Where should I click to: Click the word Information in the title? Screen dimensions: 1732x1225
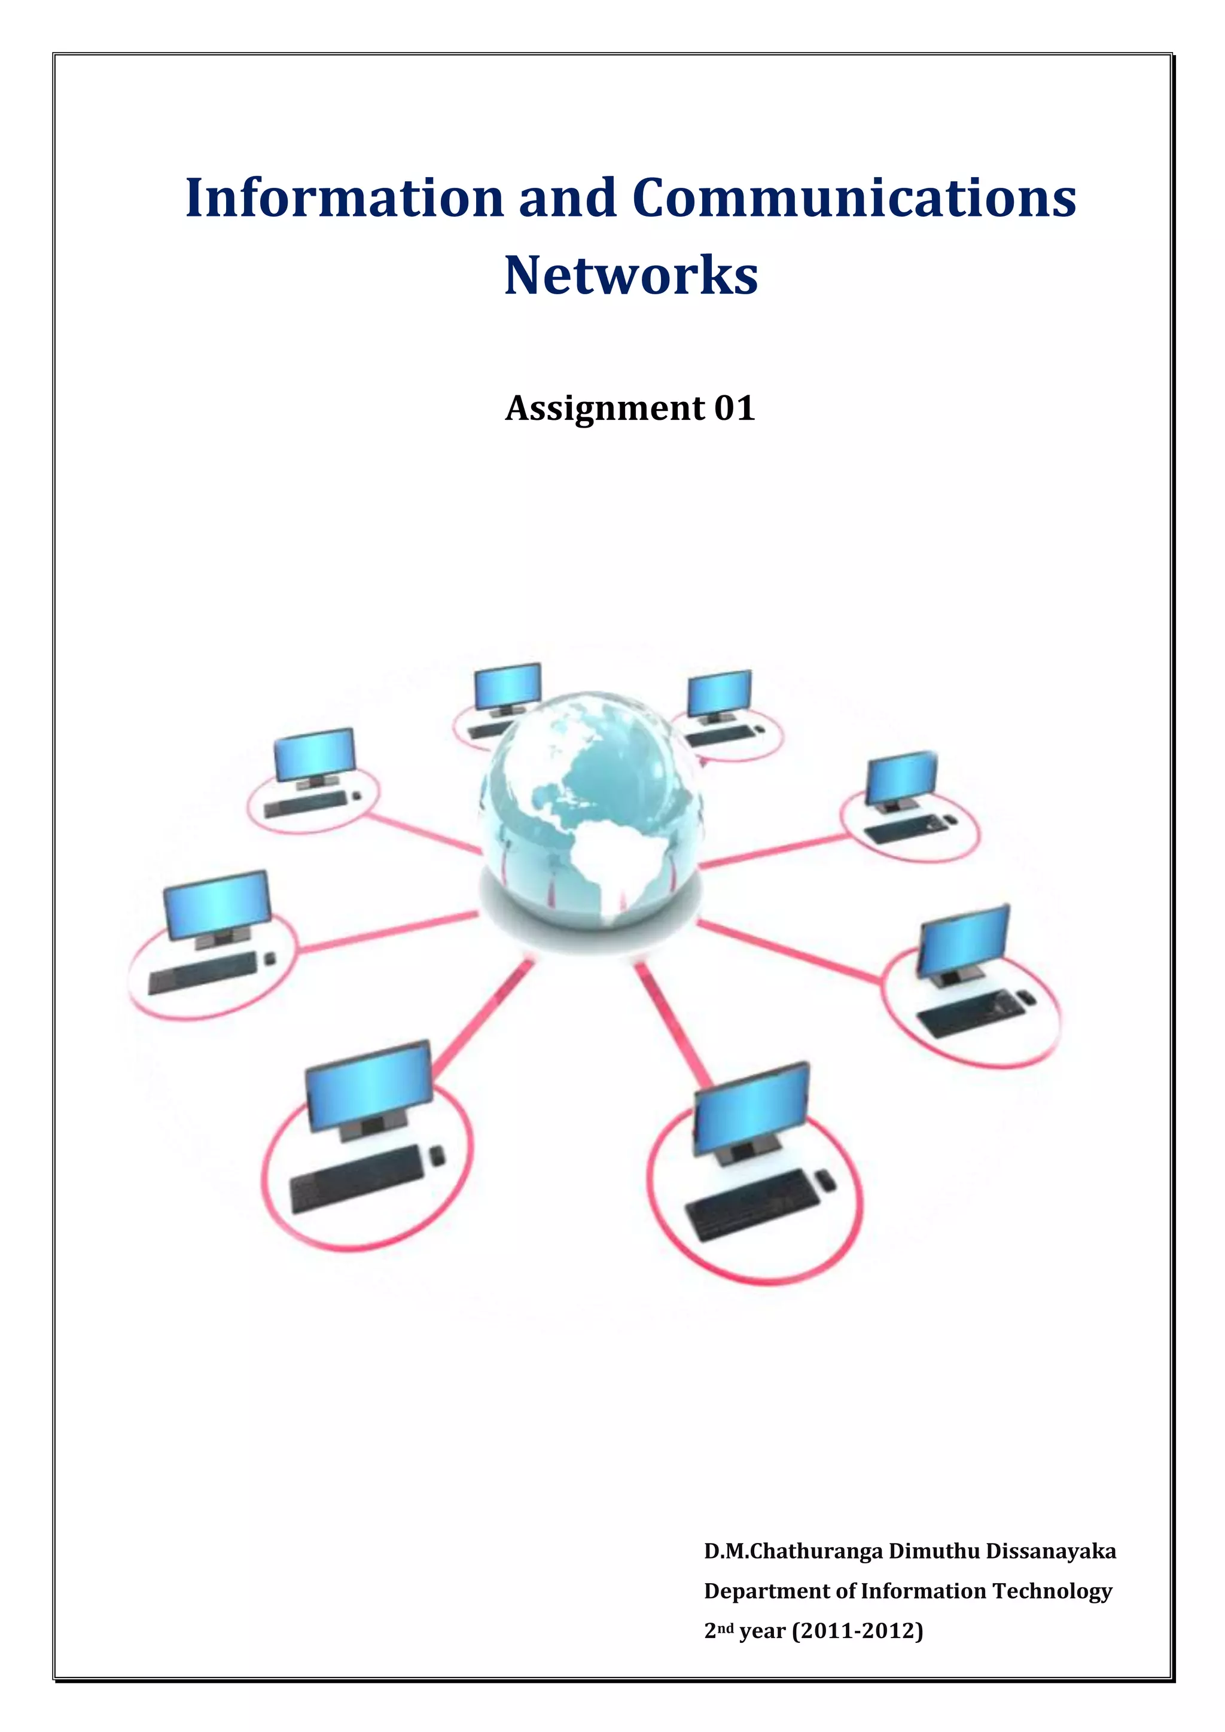click(344, 197)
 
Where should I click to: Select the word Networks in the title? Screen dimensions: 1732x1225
click(630, 275)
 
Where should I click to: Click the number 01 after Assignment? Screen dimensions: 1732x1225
click(734, 408)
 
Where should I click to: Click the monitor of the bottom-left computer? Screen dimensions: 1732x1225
click(369, 1087)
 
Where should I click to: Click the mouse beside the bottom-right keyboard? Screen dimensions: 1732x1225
click(826, 1180)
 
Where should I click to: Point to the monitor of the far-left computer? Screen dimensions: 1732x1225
click(217, 904)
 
